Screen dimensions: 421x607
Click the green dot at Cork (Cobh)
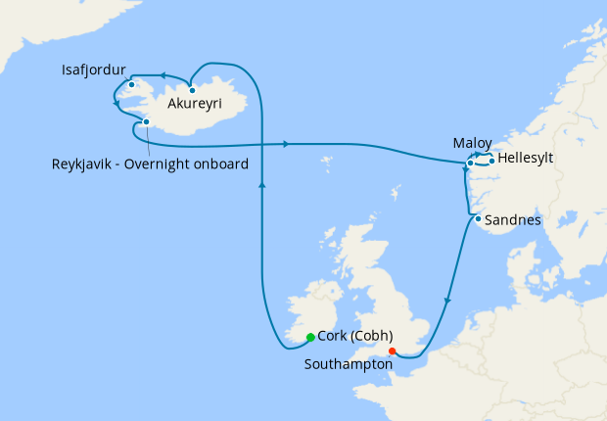click(310, 337)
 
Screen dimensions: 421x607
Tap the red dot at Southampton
click(391, 351)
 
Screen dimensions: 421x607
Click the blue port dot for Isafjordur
click(131, 84)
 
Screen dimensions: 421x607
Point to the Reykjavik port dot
click(146, 122)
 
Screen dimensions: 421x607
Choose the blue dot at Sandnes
click(477, 219)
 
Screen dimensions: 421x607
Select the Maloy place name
click(472, 143)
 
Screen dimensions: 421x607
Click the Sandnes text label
click(513, 220)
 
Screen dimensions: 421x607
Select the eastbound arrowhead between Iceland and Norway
click(285, 145)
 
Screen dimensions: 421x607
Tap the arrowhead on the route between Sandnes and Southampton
click(448, 301)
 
